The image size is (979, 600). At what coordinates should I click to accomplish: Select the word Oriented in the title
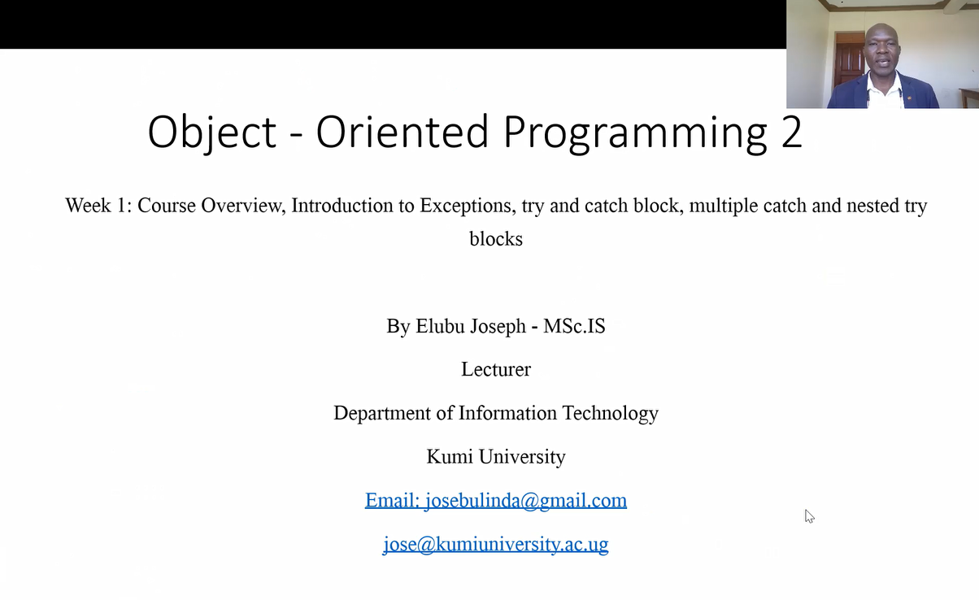point(402,132)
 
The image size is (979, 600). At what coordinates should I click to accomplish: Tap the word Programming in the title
point(635,133)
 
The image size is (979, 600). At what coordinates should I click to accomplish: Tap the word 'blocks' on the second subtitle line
point(496,239)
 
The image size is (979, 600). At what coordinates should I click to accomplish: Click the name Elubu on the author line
point(440,326)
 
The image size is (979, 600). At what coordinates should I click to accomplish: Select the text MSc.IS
point(574,326)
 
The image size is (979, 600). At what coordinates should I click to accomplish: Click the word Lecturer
point(496,369)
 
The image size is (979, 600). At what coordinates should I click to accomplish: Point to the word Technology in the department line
point(610,413)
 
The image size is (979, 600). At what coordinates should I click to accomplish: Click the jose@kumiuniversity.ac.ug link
point(496,544)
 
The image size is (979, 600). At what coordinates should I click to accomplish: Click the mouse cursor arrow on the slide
point(809,515)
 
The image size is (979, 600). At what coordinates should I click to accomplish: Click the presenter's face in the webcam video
point(882,50)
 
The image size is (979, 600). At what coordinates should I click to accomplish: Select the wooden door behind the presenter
point(849,61)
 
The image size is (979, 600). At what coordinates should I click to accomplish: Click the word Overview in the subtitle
point(243,206)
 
